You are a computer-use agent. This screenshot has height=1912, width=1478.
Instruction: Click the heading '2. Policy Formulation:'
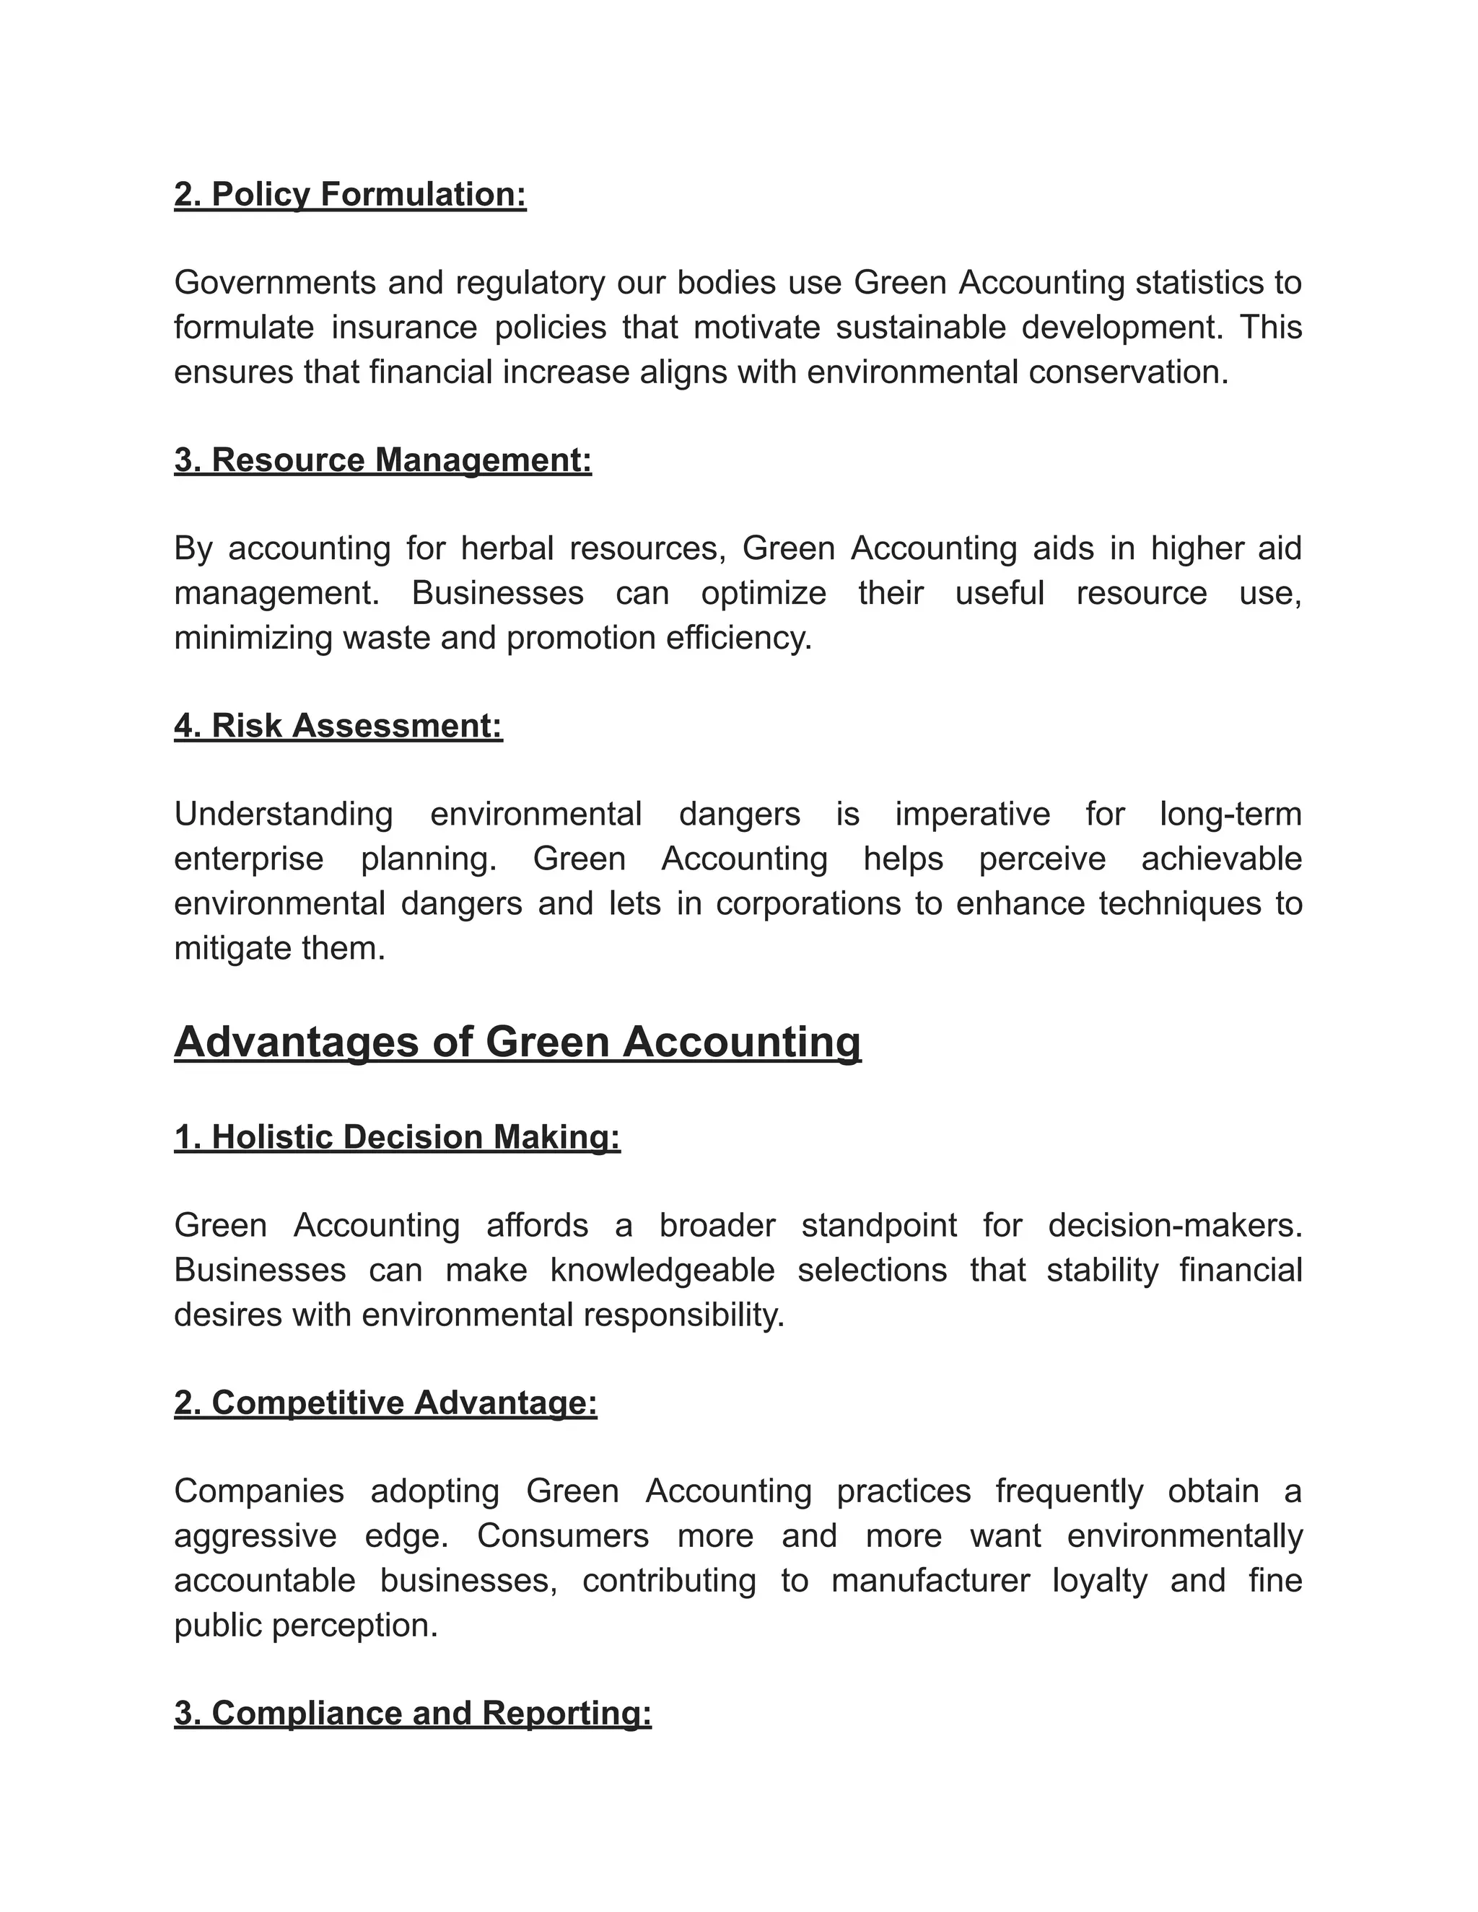click(x=349, y=194)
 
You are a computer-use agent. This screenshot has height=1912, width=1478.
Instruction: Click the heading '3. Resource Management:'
click(x=382, y=460)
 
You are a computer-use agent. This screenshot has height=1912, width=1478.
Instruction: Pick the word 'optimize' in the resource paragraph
click(x=763, y=594)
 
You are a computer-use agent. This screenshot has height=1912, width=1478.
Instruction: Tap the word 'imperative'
click(x=972, y=814)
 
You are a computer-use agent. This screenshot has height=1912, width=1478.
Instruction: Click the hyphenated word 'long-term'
click(x=1230, y=814)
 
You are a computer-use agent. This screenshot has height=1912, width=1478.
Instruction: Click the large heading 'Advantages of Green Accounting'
click(x=517, y=1043)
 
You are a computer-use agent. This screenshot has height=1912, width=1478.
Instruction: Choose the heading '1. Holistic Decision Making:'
click(x=397, y=1137)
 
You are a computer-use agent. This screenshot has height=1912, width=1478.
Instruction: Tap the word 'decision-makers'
click(x=1173, y=1226)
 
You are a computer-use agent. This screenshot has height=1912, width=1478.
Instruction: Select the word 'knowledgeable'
click(x=662, y=1271)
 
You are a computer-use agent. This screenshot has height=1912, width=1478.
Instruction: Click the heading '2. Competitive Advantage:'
click(x=385, y=1403)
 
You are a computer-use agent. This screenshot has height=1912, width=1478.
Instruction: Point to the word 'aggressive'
click(x=255, y=1535)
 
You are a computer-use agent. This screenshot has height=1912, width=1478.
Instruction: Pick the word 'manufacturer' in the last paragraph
click(x=930, y=1580)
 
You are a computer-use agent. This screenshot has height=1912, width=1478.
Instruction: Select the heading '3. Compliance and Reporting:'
click(x=412, y=1714)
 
